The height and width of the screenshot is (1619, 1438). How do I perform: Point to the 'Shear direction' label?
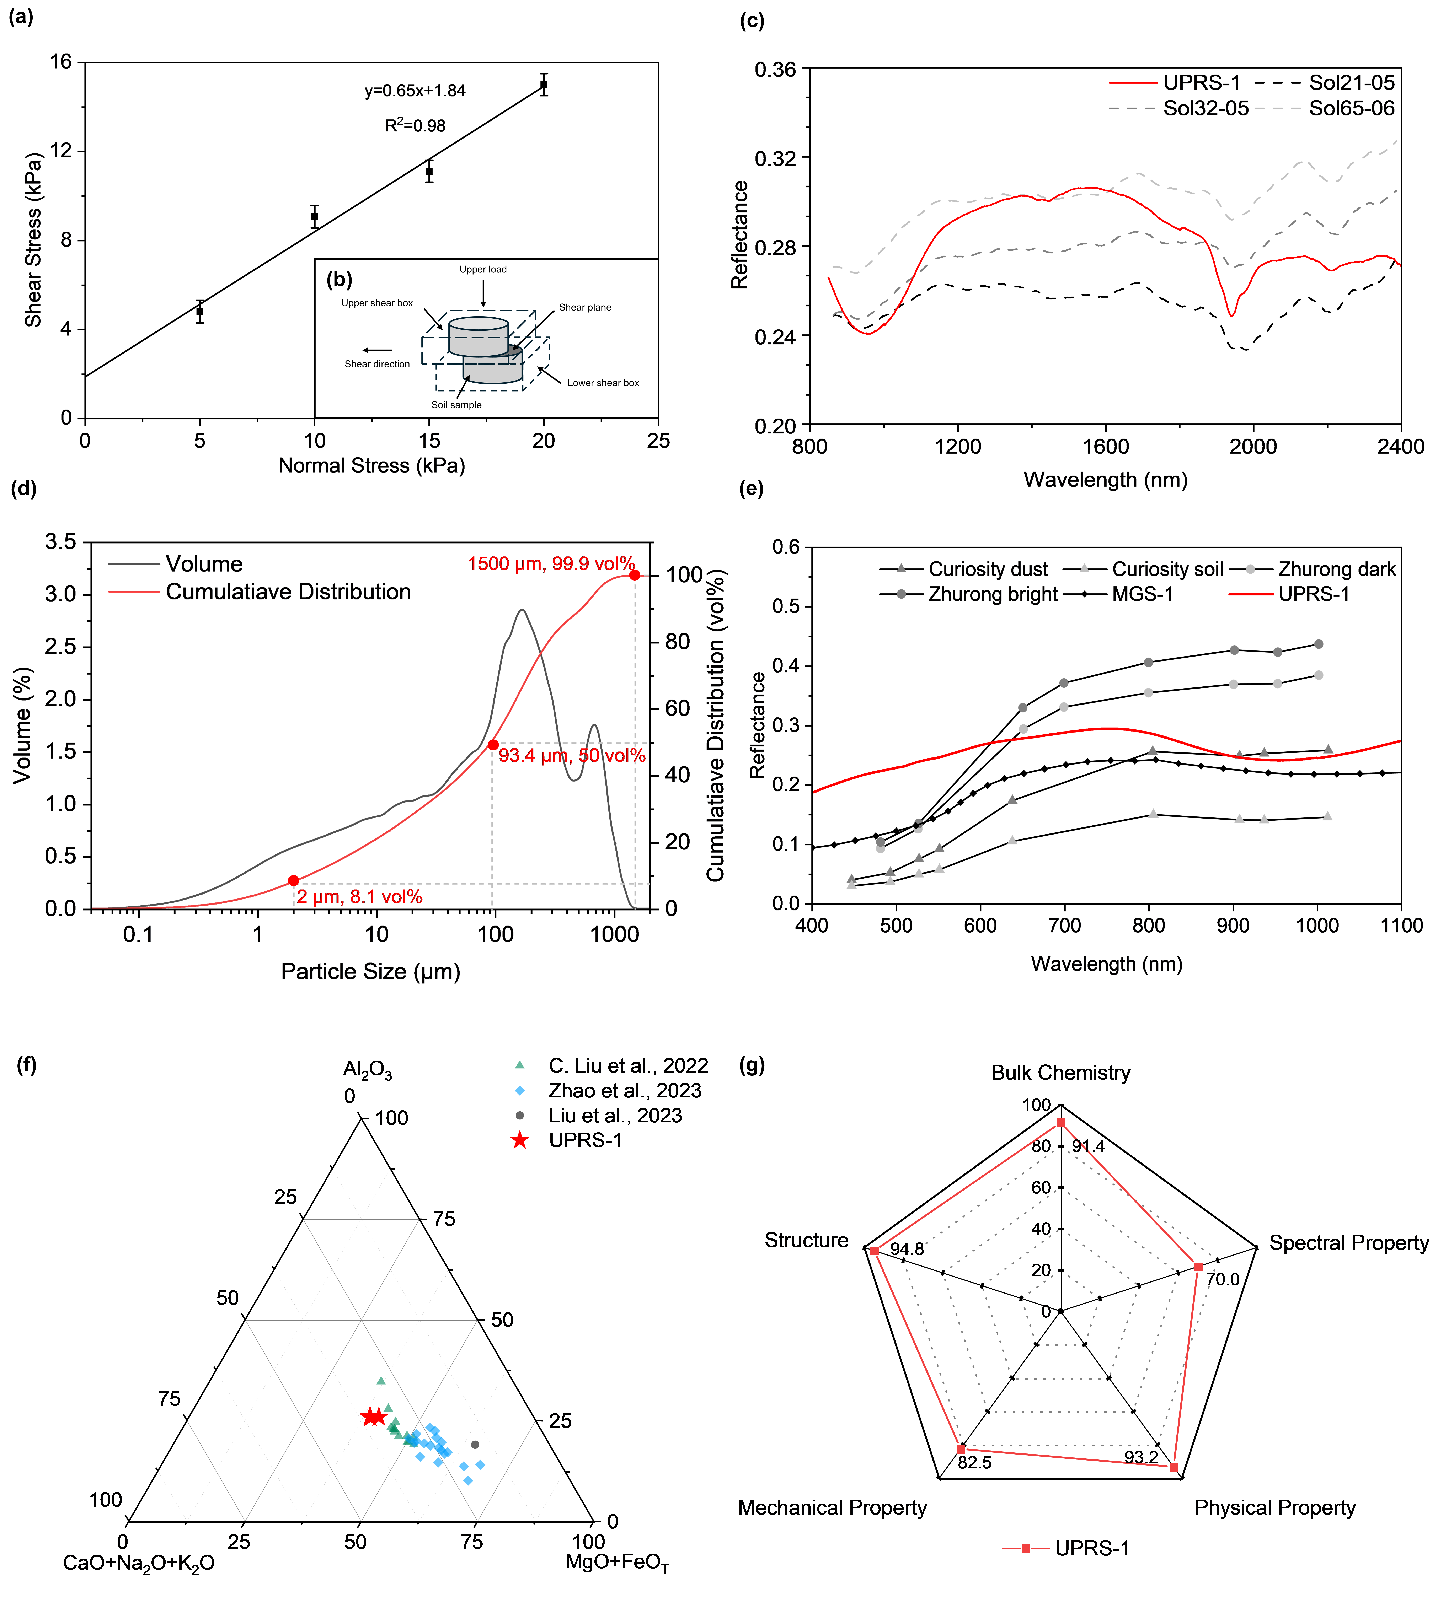click(377, 364)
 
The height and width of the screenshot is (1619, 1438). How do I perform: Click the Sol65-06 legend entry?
click(1351, 108)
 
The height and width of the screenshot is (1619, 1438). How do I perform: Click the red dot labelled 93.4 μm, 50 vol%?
click(493, 745)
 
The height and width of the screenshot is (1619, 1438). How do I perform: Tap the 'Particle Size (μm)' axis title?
click(371, 971)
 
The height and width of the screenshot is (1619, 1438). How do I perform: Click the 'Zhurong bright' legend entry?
click(993, 594)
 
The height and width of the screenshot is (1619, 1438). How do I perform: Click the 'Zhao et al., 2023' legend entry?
click(624, 1091)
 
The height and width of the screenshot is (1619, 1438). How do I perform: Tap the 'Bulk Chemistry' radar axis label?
click(1061, 1073)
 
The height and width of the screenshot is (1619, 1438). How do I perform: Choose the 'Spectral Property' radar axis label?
click(1348, 1243)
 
